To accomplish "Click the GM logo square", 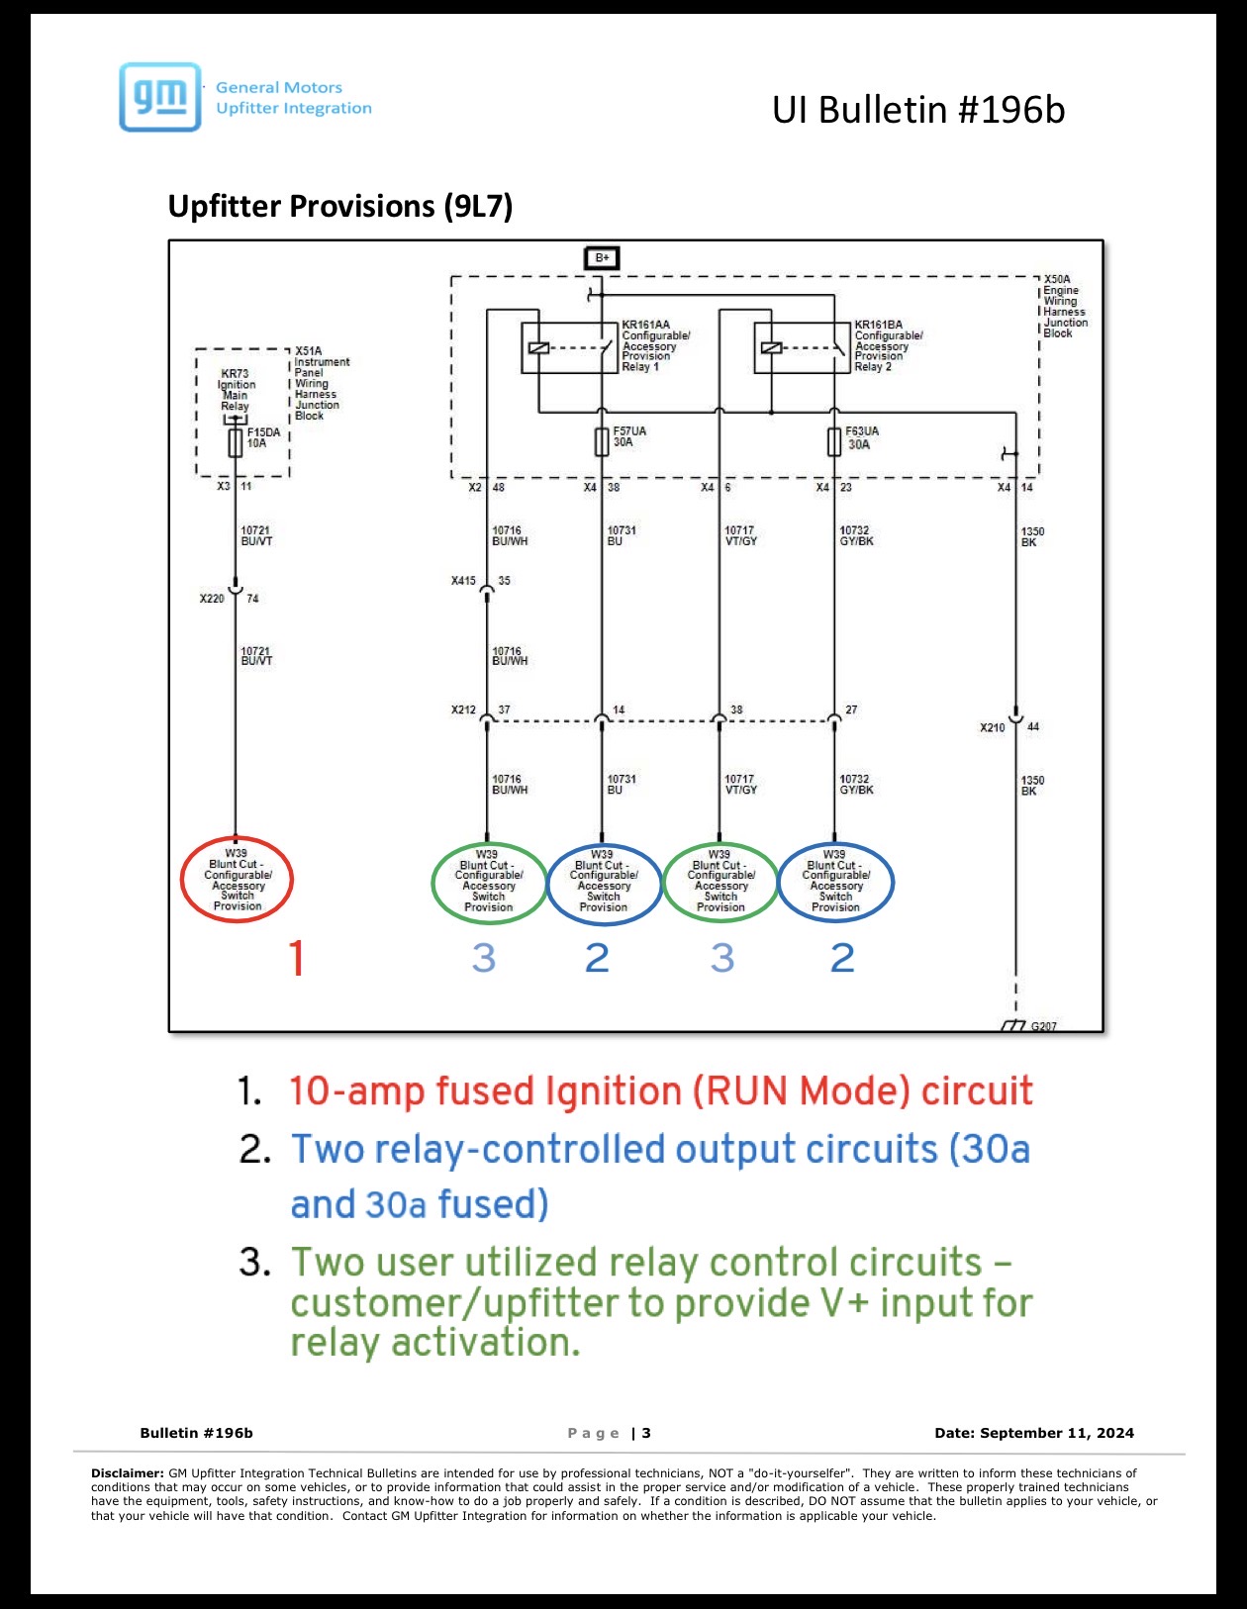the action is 160,97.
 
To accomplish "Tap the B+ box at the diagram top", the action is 602,257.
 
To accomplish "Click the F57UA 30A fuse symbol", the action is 602,442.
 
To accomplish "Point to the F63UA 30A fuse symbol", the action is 833,442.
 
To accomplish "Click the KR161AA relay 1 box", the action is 569,347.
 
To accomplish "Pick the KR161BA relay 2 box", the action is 802,347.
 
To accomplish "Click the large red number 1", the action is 296,958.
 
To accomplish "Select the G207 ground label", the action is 1043,1025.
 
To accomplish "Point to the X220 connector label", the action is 212,599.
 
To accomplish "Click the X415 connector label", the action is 463,581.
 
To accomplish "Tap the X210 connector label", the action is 993,727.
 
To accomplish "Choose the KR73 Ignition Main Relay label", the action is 237,390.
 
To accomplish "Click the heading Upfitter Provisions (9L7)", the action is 339,206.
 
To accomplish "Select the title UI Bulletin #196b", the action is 918,110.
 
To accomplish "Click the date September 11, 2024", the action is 1057,1433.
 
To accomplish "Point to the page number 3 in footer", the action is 646,1433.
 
